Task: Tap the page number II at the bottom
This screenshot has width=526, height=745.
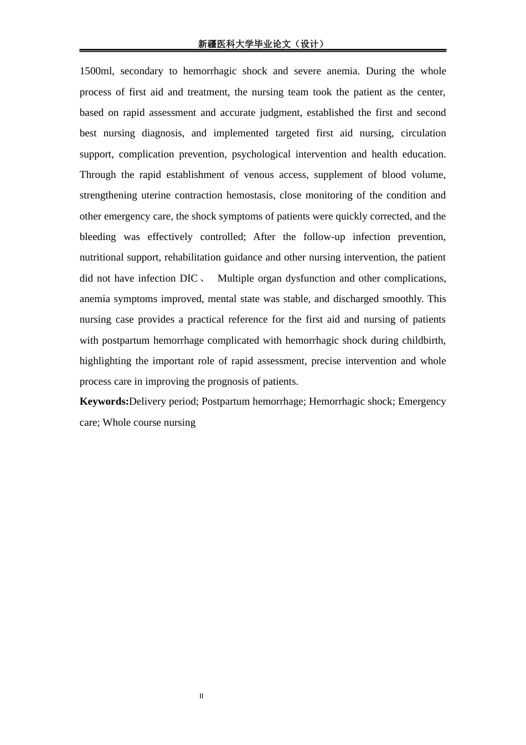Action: point(202,696)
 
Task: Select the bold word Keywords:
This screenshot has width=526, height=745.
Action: point(104,401)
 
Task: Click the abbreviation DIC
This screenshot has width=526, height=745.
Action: point(189,278)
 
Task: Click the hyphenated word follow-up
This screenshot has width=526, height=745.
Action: point(324,237)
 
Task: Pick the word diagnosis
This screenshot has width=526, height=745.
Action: point(163,133)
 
